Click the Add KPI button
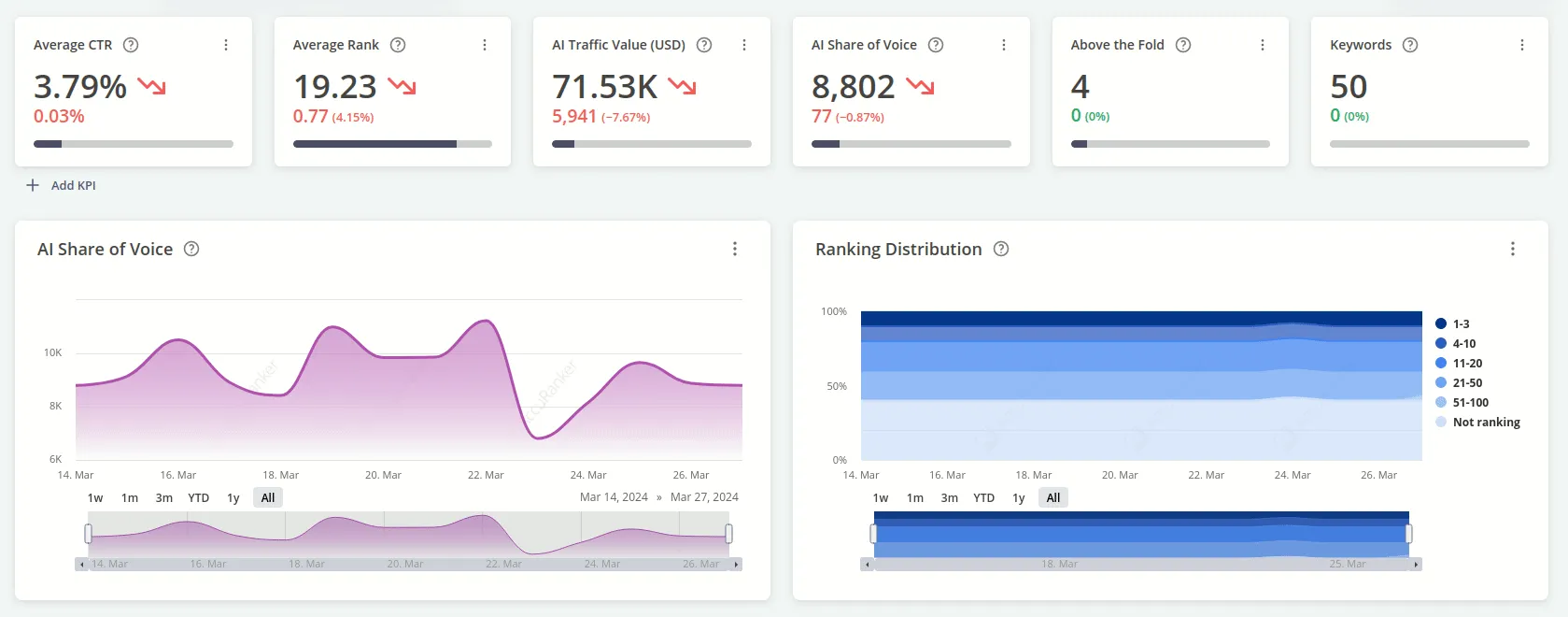(x=62, y=185)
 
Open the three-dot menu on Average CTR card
(x=226, y=45)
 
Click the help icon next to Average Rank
(x=398, y=45)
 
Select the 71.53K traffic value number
(x=604, y=87)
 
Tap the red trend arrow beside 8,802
(x=920, y=87)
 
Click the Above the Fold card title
(x=1117, y=45)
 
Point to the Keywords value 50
(x=1348, y=87)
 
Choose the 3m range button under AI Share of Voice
(x=164, y=497)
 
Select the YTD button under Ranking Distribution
(x=983, y=497)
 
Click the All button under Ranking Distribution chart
(x=1053, y=497)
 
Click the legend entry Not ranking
(x=1486, y=422)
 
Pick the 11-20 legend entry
(x=1467, y=363)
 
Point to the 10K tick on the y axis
(x=53, y=352)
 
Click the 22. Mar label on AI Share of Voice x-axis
(x=486, y=475)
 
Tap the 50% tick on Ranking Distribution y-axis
(x=837, y=386)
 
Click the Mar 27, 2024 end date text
(x=704, y=497)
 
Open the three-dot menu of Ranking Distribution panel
(x=1513, y=249)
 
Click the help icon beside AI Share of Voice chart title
(x=191, y=249)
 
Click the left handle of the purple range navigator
(x=89, y=534)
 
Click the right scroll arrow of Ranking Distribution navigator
(x=1416, y=565)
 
